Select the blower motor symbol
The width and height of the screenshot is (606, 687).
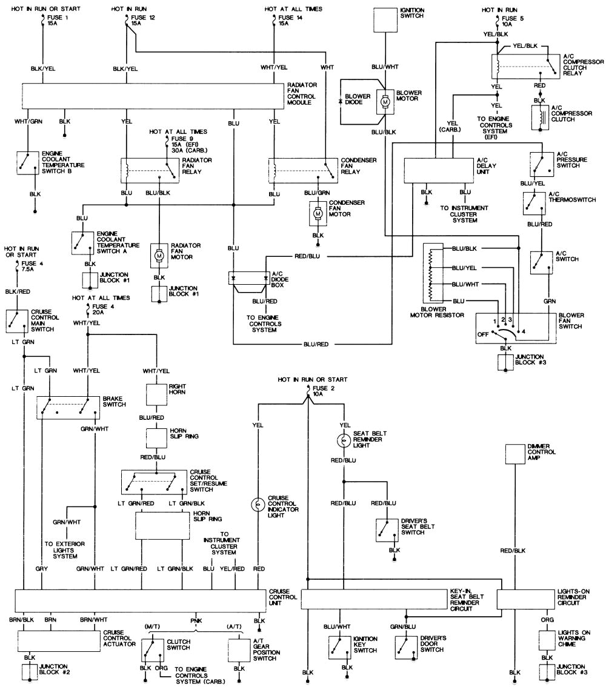coord(385,104)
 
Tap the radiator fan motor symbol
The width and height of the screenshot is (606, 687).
coord(159,256)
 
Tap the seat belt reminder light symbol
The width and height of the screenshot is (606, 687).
coord(344,440)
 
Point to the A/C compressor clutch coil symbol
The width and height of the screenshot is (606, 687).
coord(537,118)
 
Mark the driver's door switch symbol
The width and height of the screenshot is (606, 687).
coord(405,647)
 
